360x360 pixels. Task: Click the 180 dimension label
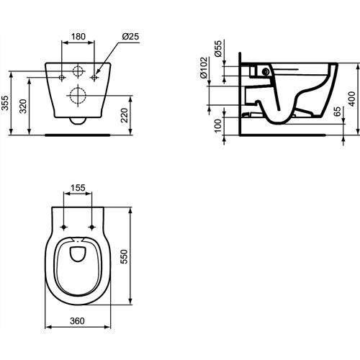click(x=78, y=37)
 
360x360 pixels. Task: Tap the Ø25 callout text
click(x=130, y=37)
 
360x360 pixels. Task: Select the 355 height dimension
click(x=5, y=103)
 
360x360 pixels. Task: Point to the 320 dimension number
click(x=23, y=106)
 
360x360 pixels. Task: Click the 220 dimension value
click(x=125, y=115)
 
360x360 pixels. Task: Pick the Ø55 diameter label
click(x=218, y=49)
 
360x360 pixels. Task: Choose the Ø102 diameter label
click(x=204, y=68)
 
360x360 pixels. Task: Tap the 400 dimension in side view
click(x=352, y=99)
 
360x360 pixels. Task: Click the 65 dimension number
click(x=338, y=112)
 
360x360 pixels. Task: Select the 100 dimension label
click(x=217, y=125)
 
